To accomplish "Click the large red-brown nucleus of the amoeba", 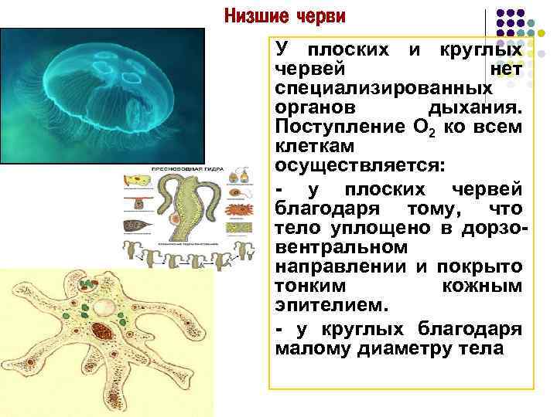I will (x=101, y=333).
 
